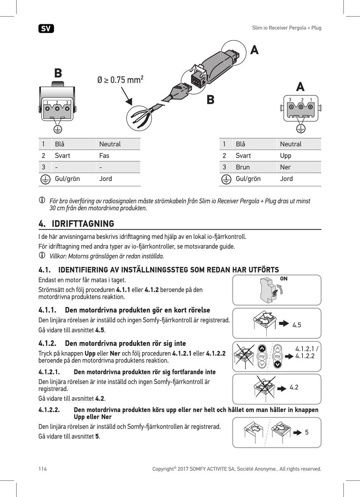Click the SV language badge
46,28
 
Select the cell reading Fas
104,156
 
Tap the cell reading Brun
243,167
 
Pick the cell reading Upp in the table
285,156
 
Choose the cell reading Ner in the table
285,167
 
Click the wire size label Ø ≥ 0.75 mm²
120,80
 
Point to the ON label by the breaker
284,279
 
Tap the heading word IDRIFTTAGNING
83,223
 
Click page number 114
42,469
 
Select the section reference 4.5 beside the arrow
297,325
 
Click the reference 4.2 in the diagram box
294,387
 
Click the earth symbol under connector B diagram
58,129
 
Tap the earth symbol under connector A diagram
301,128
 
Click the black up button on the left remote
262,349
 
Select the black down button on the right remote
277,364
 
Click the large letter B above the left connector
58,73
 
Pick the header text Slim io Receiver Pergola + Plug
286,28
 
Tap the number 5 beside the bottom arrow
307,432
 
